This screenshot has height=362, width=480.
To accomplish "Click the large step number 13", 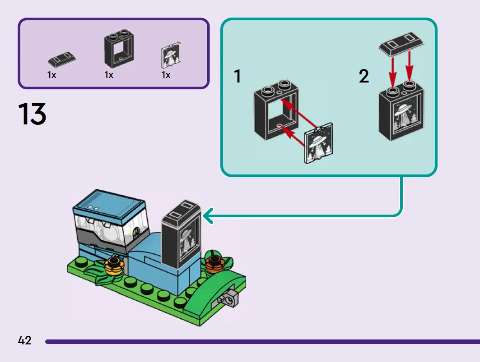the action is (x=32, y=114).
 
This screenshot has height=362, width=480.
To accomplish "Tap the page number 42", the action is (x=24, y=340).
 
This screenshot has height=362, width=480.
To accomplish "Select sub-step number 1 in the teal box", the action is (x=237, y=76).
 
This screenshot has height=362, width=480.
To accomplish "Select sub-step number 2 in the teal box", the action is (x=363, y=76).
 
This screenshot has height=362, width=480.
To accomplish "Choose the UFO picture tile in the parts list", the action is (x=171, y=55).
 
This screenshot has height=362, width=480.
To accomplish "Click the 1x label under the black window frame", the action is (x=109, y=75).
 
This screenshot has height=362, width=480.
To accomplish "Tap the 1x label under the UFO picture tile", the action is (x=166, y=75).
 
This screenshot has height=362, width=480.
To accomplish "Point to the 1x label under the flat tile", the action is (x=52, y=75).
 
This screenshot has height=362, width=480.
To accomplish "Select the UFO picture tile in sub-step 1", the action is (x=319, y=143).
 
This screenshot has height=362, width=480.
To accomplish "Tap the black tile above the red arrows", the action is (x=401, y=44).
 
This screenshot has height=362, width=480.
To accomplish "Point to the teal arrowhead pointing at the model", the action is (x=208, y=216).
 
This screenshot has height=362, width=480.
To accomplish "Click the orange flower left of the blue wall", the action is (x=114, y=266).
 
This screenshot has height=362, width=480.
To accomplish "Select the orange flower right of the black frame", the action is (x=214, y=264).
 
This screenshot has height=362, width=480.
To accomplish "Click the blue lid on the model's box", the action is (x=109, y=205).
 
